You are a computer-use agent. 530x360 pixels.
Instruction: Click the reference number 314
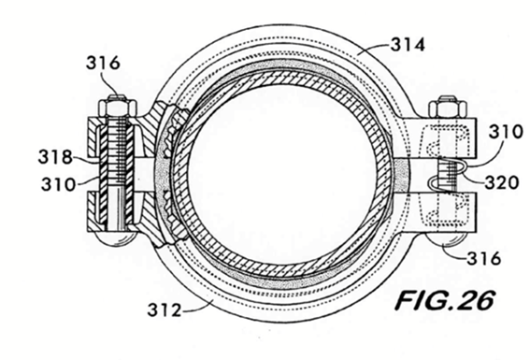408,45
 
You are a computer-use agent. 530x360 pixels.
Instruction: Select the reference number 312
165,310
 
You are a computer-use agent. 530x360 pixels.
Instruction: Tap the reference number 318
55,157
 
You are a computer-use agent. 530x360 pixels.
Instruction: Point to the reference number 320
502,183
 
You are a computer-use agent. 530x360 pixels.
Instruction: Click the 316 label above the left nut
103,63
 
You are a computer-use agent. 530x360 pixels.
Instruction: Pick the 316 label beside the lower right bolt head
483,259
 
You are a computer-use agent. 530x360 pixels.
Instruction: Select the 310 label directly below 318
58,184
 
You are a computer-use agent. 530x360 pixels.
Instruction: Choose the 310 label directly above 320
506,132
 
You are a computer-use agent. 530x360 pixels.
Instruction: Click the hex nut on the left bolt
117,107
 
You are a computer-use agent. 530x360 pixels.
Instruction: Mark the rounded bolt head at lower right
447,238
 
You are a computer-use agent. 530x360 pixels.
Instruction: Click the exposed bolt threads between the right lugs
447,176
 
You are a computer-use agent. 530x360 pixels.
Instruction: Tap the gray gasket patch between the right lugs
401,176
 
